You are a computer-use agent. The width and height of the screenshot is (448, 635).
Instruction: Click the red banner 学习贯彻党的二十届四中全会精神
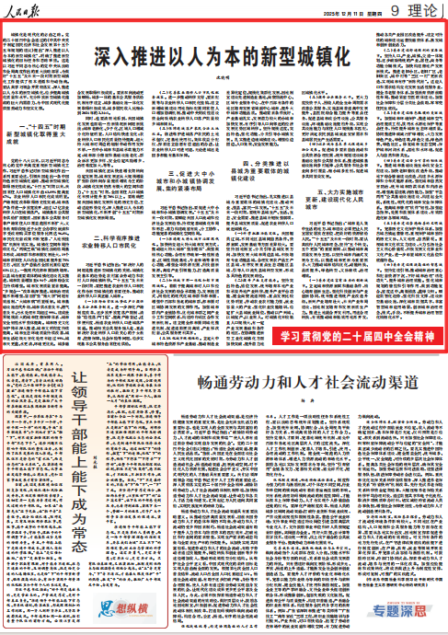coord(353,331)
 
